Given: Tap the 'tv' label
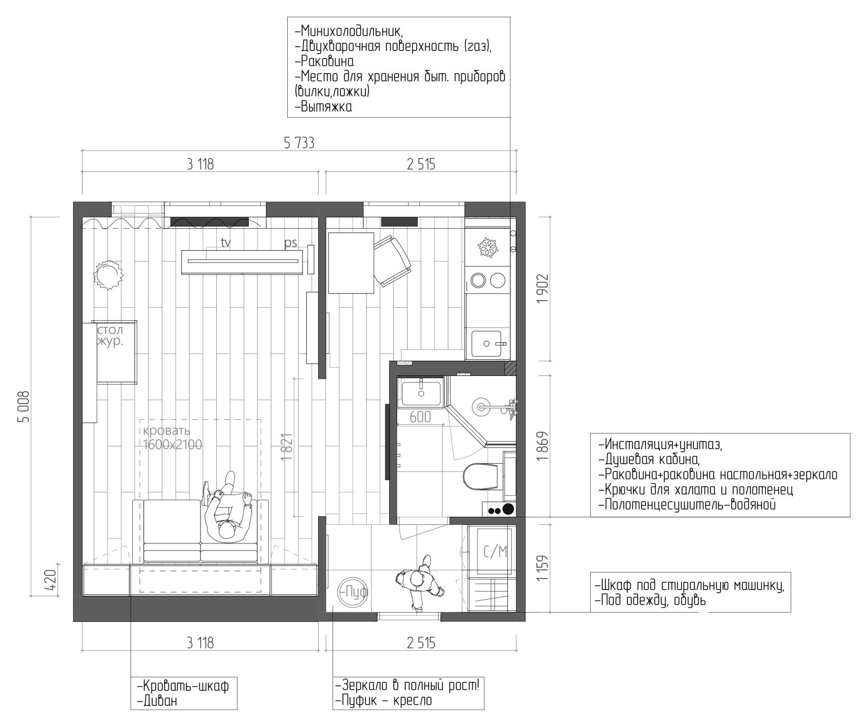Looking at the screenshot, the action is click(x=225, y=243).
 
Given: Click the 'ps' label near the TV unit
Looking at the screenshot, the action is click(x=291, y=243).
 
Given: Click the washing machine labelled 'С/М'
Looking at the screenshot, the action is click(x=495, y=550).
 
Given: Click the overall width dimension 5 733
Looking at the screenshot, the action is click(x=299, y=143).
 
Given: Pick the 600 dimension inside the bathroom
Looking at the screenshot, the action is click(x=420, y=417).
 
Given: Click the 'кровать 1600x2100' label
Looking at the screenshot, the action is click(x=172, y=438).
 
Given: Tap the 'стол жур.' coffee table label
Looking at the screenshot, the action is click(x=111, y=336).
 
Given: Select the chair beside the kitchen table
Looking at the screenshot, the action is click(x=391, y=261).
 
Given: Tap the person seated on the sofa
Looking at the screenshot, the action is click(x=228, y=508).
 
